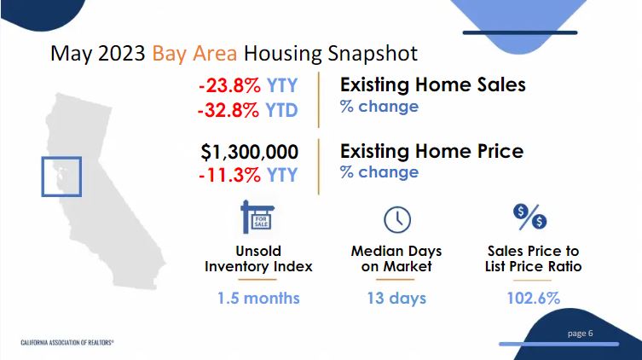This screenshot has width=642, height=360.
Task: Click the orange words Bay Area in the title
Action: [194, 54]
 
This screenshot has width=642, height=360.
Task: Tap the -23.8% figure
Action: [229, 85]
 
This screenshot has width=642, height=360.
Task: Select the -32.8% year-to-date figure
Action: [228, 110]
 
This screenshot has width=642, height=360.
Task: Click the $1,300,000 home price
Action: [249, 152]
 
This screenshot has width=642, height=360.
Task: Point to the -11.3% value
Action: [229, 175]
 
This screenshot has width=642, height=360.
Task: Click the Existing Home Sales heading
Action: [433, 84]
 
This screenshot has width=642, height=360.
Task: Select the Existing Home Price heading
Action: [432, 151]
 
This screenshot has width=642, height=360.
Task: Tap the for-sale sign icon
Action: [257, 217]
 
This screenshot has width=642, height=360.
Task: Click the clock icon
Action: [397, 220]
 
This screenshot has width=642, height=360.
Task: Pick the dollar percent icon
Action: [529, 217]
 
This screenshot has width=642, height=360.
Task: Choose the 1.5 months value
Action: [258, 299]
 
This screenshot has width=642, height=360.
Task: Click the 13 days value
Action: [396, 299]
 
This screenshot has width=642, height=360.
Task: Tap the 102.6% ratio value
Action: [533, 299]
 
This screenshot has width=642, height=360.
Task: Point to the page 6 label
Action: [580, 334]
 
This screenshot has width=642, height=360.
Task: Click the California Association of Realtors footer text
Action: [67, 342]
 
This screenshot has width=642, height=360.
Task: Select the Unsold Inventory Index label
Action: [258, 258]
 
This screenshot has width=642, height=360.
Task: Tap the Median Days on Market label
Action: [396, 258]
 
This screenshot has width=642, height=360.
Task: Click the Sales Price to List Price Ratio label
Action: [533, 258]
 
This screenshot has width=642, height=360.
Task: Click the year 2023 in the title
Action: [122, 54]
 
